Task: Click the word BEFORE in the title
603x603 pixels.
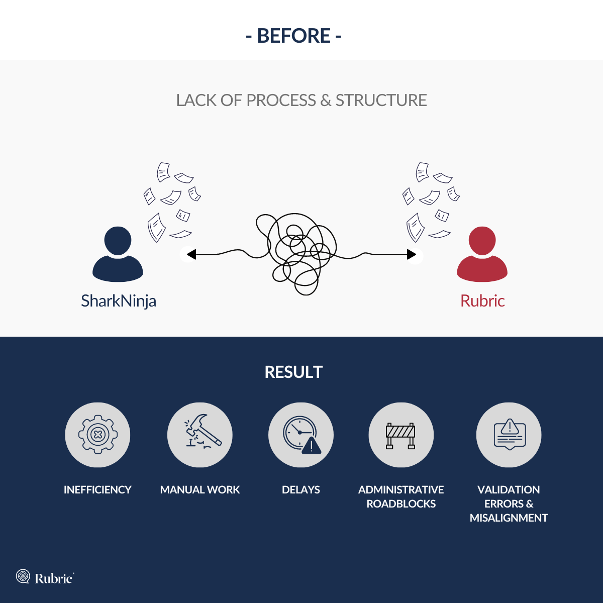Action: pyautogui.click(x=293, y=36)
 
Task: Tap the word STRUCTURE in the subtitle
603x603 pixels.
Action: pyautogui.click(x=381, y=100)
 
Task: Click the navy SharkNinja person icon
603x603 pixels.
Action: pyautogui.click(x=118, y=254)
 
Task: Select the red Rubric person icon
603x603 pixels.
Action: pyautogui.click(x=482, y=254)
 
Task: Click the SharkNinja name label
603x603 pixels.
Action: pyautogui.click(x=119, y=301)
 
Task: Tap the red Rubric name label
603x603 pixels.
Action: pyautogui.click(x=482, y=300)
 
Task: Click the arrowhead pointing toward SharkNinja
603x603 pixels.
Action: pyautogui.click(x=191, y=254)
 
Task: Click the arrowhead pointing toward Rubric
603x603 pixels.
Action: pyautogui.click(x=411, y=254)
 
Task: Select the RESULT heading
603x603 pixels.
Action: pyautogui.click(x=293, y=372)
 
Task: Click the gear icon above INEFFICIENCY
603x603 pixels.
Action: pyautogui.click(x=98, y=435)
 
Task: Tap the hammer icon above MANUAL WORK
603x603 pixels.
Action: pyautogui.click(x=203, y=432)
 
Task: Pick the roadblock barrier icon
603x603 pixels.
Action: pyautogui.click(x=400, y=436)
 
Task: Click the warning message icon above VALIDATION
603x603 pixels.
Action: pyautogui.click(x=510, y=434)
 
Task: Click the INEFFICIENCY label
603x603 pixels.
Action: pyautogui.click(x=97, y=490)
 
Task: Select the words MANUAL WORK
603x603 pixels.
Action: pyautogui.click(x=200, y=490)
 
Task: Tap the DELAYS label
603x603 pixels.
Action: pyautogui.click(x=300, y=490)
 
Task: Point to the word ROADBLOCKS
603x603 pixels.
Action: pyautogui.click(x=401, y=504)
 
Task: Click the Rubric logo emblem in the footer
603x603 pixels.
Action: pyautogui.click(x=23, y=576)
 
